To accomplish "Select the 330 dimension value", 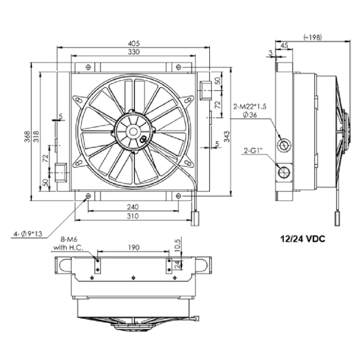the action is click(134, 52).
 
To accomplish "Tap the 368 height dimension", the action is click(27, 136).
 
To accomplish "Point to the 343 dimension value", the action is click(227, 136).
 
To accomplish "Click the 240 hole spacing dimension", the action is click(133, 207).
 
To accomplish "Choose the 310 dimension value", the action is click(133, 216).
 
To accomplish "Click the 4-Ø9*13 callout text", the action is click(28, 234).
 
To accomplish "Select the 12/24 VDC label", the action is click(303, 239).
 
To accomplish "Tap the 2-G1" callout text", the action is click(253, 151).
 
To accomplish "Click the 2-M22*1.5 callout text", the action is click(250, 106).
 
